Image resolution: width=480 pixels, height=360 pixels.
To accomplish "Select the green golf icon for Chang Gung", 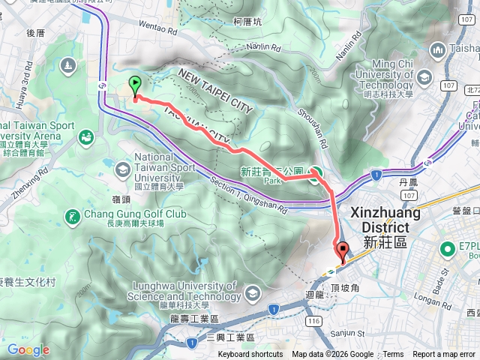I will [73, 217].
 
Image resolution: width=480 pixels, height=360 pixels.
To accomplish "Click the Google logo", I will [28, 349].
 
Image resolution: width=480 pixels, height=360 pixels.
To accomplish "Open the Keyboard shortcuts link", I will [250, 355].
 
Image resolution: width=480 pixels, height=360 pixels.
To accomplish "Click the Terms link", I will [393, 355].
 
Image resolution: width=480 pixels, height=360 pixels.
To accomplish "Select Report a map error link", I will [445, 355].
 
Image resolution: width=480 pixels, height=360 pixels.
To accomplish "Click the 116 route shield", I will [313, 319].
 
